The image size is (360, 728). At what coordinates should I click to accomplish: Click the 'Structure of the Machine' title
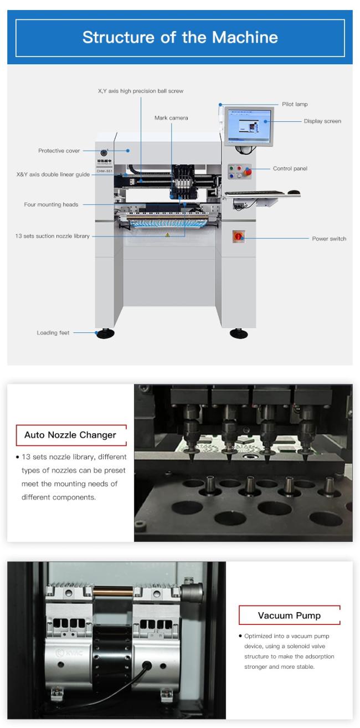180,38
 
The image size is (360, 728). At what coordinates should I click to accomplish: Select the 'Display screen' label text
322,121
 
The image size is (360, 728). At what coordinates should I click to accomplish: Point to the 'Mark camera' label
171,118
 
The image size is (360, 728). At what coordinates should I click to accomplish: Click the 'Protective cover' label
59,151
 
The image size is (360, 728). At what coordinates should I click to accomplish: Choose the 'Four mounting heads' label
51,204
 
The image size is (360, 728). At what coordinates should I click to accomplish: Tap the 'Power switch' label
329,239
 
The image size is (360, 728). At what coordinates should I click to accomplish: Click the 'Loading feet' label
53,333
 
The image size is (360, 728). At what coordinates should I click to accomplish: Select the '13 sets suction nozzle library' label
52,236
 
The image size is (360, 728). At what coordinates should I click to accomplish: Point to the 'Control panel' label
290,168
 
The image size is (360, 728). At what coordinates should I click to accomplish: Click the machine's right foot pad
239,334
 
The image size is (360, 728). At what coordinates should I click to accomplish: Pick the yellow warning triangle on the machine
167,235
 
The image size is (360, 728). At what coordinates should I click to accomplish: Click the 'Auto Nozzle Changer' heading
70,435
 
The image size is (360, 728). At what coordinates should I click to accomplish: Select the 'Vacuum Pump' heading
289,616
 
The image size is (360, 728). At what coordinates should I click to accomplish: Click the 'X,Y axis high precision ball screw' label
141,91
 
